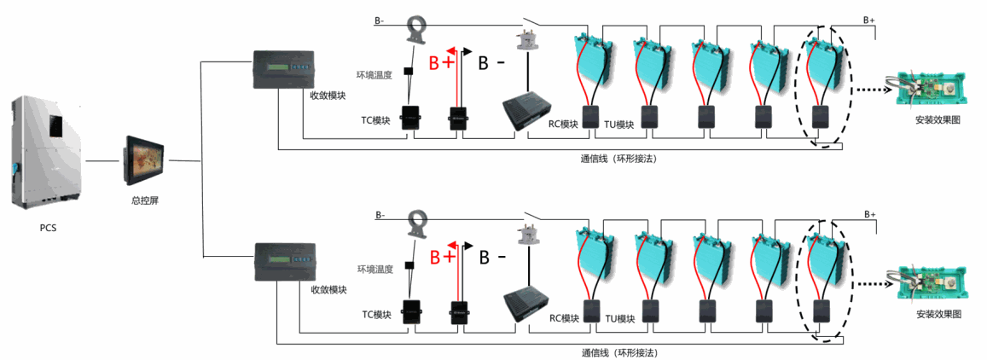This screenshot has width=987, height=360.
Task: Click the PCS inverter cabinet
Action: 45,153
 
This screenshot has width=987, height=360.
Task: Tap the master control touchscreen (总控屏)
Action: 144,160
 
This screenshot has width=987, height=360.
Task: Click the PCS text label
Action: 48,228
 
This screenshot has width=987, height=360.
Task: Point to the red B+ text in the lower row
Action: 442,257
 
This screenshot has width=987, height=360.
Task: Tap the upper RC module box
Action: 528,113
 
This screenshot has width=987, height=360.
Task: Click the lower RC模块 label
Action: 564,318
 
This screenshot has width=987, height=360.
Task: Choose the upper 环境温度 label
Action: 375,75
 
